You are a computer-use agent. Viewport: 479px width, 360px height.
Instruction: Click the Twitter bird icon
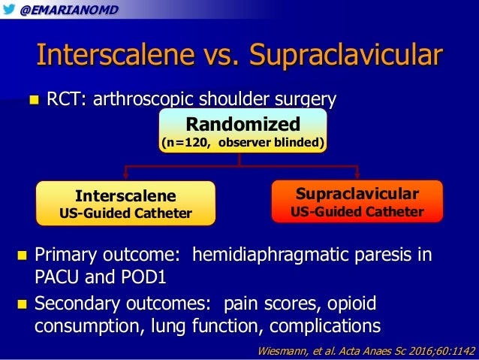(8, 8)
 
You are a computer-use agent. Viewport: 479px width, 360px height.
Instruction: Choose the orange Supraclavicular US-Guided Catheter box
(357, 202)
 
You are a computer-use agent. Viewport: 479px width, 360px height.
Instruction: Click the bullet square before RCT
(33, 101)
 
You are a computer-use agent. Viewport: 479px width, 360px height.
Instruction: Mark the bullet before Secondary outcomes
(21, 304)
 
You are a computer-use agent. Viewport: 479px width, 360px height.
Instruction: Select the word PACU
(59, 277)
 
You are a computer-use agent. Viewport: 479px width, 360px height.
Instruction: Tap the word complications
(328, 326)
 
